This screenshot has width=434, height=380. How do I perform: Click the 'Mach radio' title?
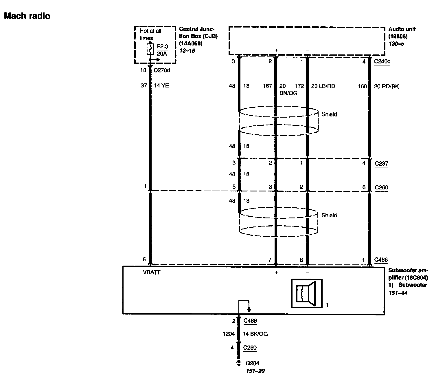27,16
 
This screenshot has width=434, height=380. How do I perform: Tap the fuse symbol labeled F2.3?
150,50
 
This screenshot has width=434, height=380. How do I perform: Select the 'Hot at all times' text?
150,34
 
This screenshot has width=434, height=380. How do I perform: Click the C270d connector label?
162,70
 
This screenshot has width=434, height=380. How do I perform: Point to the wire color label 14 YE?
161,86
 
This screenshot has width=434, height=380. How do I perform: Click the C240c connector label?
382,61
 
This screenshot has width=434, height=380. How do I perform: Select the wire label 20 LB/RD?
323,86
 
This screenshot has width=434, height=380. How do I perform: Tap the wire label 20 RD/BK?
386,86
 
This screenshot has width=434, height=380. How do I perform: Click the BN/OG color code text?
288,93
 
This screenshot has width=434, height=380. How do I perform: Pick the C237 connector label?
381,163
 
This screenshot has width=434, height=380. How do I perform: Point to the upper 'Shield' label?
329,114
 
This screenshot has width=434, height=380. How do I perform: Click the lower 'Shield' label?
329,215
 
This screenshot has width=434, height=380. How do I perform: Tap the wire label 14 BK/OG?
255,334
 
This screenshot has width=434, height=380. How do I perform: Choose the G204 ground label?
252,363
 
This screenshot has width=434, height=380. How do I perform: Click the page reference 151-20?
255,371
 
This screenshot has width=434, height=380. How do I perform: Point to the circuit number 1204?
229,334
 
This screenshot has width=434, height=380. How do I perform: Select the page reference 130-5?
396,44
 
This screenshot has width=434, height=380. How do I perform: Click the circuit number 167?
267,86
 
